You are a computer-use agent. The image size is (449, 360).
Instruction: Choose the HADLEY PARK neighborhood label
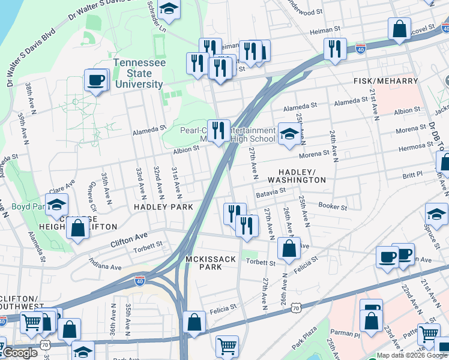click(x=163, y=207)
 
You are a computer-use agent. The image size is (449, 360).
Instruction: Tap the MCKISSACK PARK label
click(x=207, y=262)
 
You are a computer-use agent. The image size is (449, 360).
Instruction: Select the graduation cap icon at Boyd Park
click(x=57, y=206)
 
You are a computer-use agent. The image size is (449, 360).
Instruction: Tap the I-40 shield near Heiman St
click(x=361, y=47)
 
